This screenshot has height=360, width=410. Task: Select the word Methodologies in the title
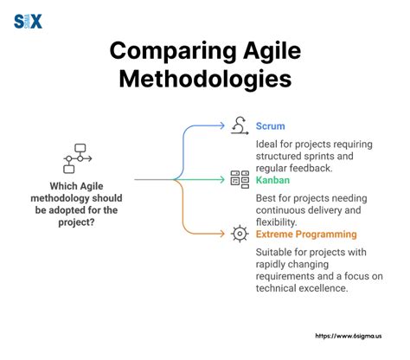205,79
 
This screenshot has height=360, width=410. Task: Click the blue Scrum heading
272,125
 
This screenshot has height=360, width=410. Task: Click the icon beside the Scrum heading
239,126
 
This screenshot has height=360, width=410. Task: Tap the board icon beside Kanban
239,180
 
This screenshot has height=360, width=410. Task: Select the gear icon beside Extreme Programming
239,235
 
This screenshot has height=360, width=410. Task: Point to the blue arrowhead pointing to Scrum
224,126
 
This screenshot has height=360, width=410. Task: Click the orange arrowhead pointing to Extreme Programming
224,235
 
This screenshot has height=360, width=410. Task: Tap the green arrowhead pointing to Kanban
224,180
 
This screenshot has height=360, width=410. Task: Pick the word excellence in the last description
328,288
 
